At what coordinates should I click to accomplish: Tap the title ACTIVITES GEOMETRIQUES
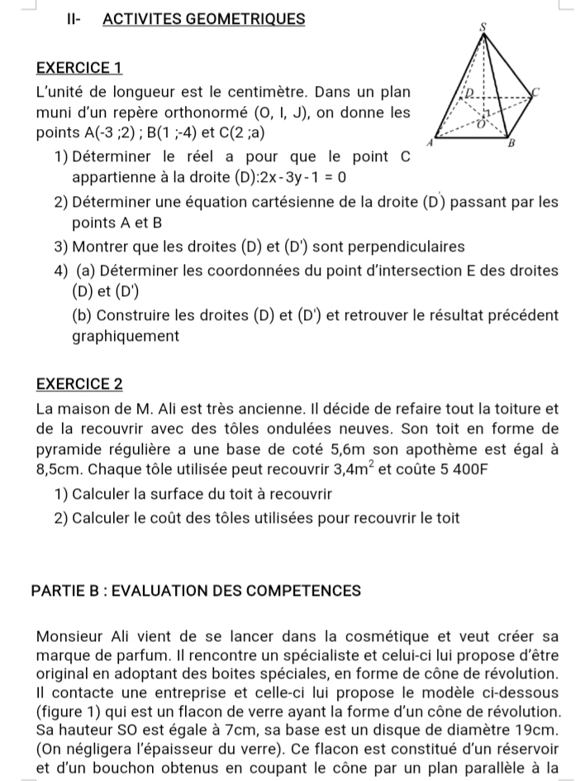pyautogui.click(x=204, y=18)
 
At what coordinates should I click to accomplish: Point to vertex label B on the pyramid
pyautogui.click(x=510, y=143)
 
